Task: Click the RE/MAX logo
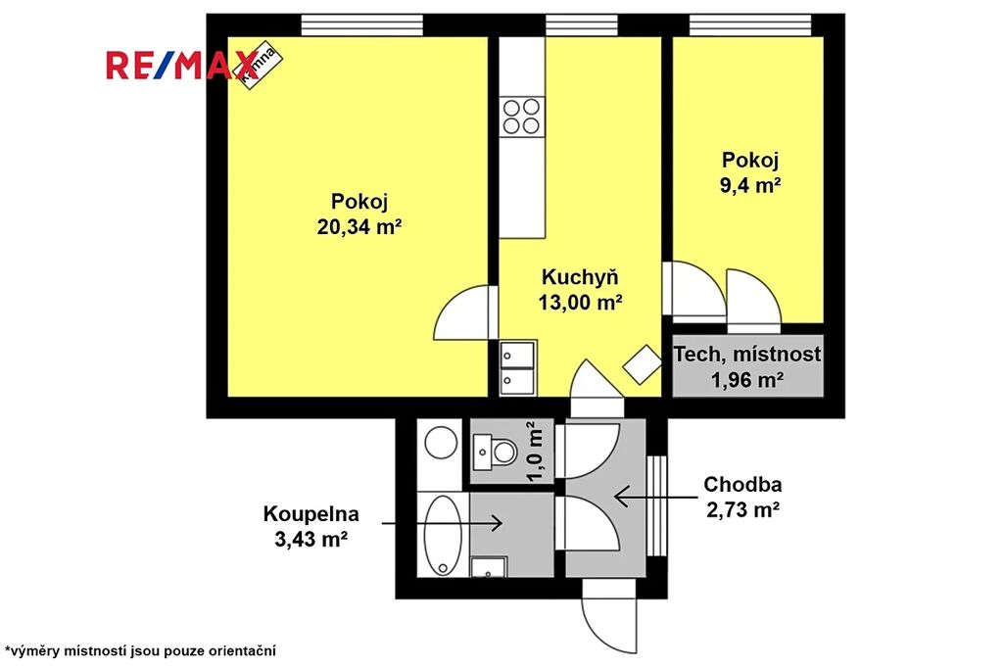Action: (x=181, y=66)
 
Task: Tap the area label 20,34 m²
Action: (x=359, y=226)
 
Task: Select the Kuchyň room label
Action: (x=580, y=277)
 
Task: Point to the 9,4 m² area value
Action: (x=750, y=185)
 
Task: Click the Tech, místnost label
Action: (x=747, y=354)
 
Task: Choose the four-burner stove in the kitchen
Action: (x=521, y=116)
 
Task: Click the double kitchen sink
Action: (x=517, y=367)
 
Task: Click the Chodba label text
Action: (x=742, y=484)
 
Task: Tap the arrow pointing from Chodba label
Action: (x=654, y=497)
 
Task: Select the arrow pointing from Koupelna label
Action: (x=442, y=523)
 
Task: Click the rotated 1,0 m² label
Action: (x=535, y=451)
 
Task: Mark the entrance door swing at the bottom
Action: (x=609, y=617)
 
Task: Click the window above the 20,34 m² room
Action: (x=362, y=24)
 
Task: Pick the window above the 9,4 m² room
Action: (x=750, y=24)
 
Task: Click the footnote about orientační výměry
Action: (x=140, y=651)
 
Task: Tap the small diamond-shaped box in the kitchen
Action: (x=642, y=364)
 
